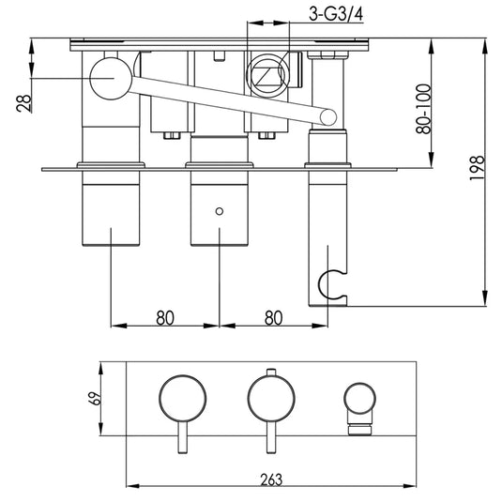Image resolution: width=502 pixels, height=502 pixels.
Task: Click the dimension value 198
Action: [478, 172]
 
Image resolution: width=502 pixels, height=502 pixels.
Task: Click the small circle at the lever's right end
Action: [328, 116]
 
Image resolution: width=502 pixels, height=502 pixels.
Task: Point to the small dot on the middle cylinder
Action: [220, 211]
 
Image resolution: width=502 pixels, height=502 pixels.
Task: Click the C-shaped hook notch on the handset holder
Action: [327, 281]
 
